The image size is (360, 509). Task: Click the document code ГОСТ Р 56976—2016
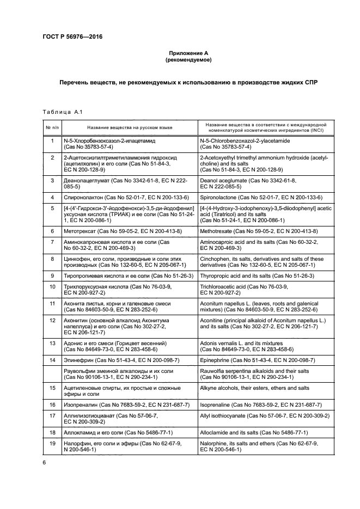(x=72, y=36)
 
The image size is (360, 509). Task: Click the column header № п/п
(x=52, y=127)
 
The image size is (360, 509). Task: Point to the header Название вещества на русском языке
(x=129, y=127)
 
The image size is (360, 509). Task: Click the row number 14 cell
(x=52, y=360)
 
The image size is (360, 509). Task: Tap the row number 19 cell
(x=52, y=444)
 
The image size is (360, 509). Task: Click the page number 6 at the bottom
(x=44, y=462)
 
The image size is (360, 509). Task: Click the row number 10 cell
(x=52, y=286)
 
